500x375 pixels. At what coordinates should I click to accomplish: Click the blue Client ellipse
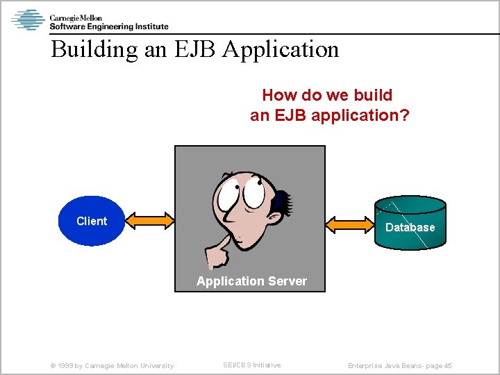(91, 222)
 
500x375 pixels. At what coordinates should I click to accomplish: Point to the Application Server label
(251, 281)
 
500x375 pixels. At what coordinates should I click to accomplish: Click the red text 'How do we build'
(327, 95)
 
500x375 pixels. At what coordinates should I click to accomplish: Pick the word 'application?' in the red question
(360, 115)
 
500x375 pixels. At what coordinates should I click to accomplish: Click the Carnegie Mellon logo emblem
(28, 19)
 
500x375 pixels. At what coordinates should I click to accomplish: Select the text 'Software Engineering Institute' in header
(108, 26)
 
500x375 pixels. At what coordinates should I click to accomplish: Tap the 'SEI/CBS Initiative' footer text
(251, 365)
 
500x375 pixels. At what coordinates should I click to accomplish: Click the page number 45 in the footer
(447, 366)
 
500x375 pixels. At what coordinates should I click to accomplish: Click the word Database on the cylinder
(410, 227)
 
